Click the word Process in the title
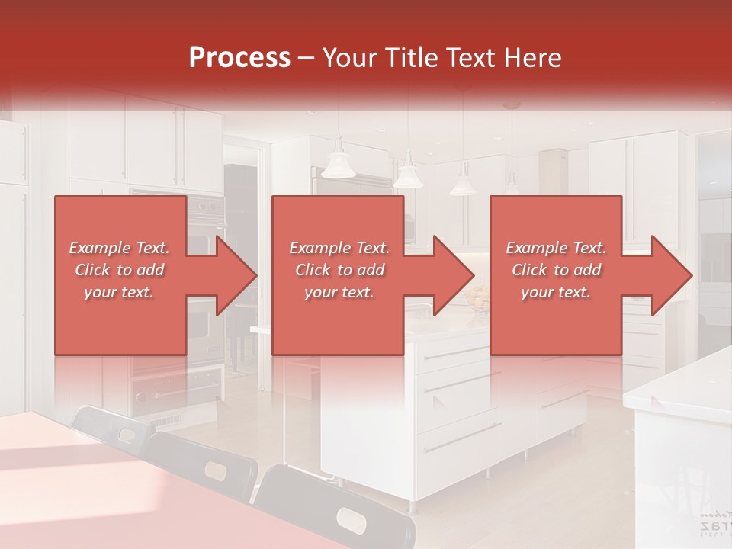pyautogui.click(x=239, y=57)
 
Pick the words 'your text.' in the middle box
pyautogui.click(x=339, y=292)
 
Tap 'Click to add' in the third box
pyautogui.click(x=556, y=270)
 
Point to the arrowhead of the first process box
pyautogui.click(x=236, y=275)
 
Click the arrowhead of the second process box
pyautogui.click(x=454, y=275)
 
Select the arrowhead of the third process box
pyautogui.click(x=672, y=275)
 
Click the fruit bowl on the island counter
pyautogui.click(x=477, y=299)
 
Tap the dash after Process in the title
pyautogui.click(x=307, y=58)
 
